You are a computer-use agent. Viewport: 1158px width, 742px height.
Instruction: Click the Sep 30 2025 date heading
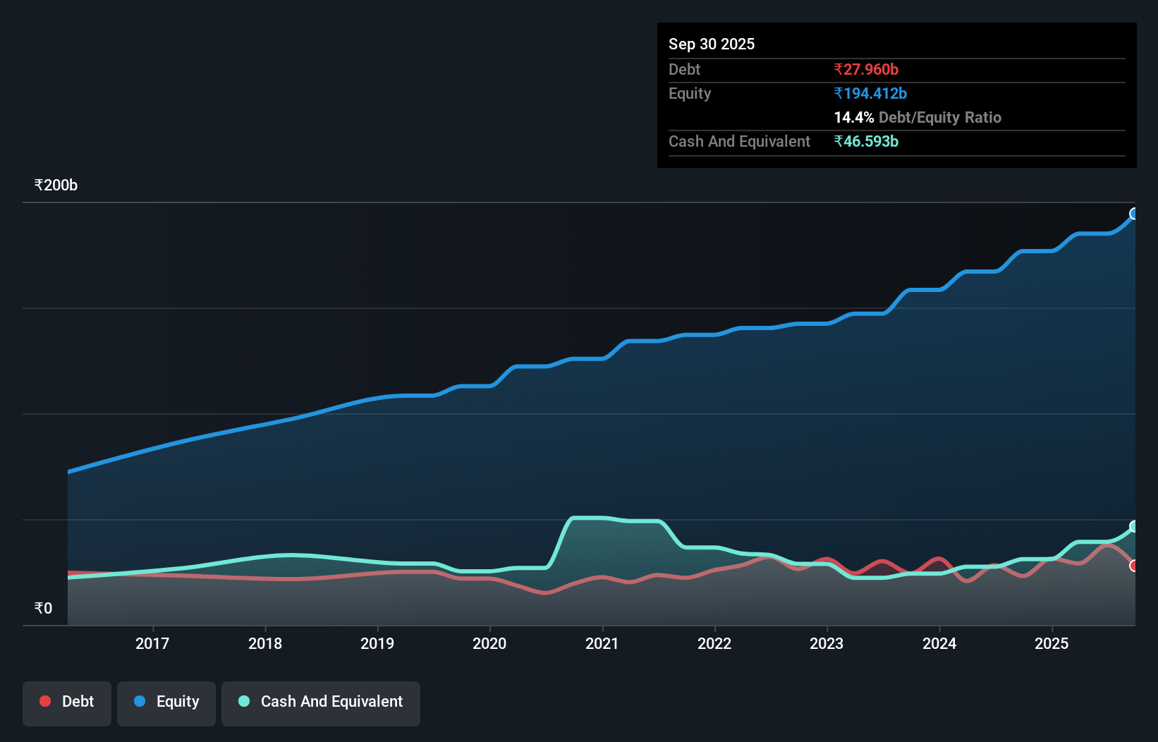click(711, 44)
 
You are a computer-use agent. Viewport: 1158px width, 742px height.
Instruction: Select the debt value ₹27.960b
click(865, 69)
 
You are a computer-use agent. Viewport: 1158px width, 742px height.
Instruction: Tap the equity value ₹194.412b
click(870, 93)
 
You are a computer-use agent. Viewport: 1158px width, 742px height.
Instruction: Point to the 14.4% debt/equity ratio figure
click(853, 117)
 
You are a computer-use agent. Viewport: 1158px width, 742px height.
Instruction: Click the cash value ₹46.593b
click(865, 141)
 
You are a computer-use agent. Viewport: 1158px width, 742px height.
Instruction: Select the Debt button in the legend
click(67, 702)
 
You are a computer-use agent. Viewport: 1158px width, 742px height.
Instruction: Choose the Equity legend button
click(166, 702)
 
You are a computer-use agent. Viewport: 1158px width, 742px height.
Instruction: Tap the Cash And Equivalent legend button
click(321, 702)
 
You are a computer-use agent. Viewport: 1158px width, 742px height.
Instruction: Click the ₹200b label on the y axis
click(56, 185)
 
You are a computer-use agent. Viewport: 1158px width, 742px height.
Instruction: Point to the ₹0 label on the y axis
click(43, 608)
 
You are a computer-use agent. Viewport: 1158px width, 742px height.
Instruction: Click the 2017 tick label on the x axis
click(152, 643)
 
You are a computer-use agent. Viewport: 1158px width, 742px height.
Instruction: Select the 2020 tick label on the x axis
click(489, 643)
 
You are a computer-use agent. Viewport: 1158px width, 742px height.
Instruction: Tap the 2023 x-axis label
click(827, 643)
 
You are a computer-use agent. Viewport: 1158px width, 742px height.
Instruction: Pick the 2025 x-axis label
click(1052, 643)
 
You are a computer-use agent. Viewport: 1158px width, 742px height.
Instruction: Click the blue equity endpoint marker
click(1134, 214)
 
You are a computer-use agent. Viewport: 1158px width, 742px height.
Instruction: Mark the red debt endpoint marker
click(1134, 566)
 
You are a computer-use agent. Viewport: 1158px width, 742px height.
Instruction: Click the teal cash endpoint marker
click(1134, 526)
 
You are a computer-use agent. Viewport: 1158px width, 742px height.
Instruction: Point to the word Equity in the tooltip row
click(689, 93)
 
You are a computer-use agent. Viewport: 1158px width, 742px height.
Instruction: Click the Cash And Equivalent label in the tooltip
click(739, 141)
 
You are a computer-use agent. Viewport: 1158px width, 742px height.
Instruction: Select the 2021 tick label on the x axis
click(602, 643)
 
